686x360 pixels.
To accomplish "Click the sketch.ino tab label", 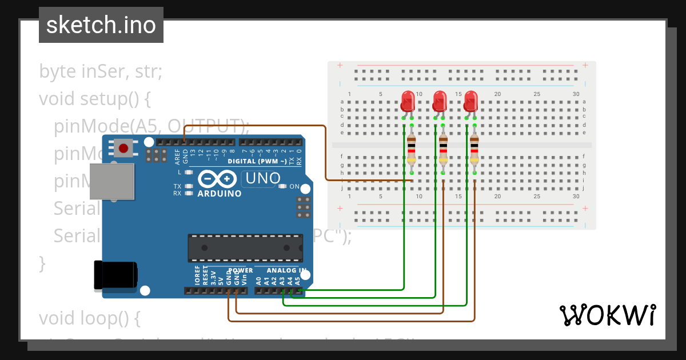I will [101, 25].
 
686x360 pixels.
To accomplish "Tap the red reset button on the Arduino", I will [123, 149].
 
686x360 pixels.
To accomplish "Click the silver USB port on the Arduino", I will [111, 181].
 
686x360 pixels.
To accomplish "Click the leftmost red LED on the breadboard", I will [408, 101].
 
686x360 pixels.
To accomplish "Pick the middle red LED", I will [439, 101].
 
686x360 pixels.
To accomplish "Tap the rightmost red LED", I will [470, 101].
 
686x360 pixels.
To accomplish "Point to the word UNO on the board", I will [262, 179].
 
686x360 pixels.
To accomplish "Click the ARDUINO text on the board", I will [220, 193].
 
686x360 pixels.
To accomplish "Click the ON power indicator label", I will [294, 186].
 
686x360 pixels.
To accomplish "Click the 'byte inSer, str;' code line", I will [101, 72].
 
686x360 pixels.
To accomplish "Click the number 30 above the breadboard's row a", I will [576, 94].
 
